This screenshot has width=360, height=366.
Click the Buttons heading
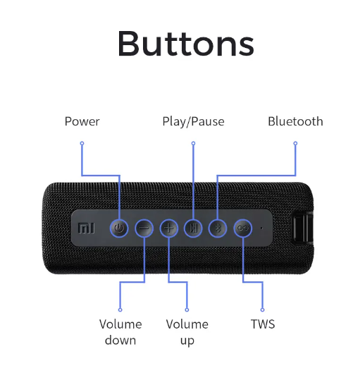click(186, 44)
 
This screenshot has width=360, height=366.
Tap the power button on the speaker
click(119, 228)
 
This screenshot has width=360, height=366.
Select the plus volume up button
click(169, 228)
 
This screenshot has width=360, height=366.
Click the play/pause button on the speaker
click(193, 228)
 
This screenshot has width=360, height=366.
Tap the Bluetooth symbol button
click(218, 228)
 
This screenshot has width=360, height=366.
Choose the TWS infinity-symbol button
click(243, 228)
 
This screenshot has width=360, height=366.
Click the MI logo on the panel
click(86, 228)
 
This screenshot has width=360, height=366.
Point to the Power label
click(82, 122)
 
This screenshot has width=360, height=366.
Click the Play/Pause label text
click(193, 122)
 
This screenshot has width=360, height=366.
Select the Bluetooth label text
click(295, 121)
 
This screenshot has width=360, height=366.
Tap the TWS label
click(263, 324)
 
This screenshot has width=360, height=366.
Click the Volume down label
click(120, 332)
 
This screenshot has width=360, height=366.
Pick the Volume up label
click(187, 332)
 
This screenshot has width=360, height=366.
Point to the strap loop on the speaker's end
click(303, 228)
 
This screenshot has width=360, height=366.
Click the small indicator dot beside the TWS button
click(261, 228)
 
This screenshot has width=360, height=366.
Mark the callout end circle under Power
click(82, 143)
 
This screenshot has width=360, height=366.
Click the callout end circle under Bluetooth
click(295, 143)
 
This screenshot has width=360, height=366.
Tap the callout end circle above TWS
click(263, 310)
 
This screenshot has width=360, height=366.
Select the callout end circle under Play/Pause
click(193, 143)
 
